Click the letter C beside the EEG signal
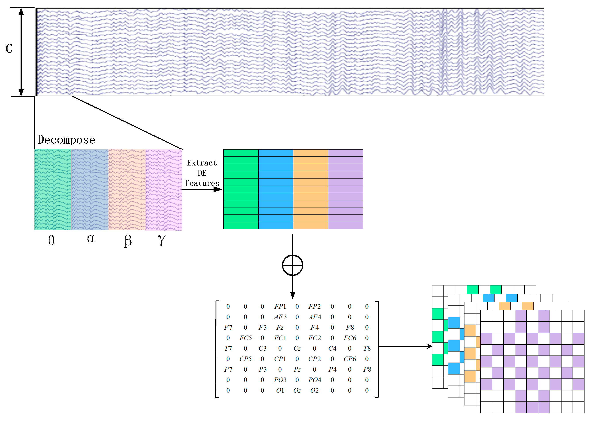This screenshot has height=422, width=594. pyautogui.click(x=9, y=49)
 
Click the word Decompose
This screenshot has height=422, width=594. pyautogui.click(x=66, y=140)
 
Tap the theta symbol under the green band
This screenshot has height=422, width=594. pyautogui.click(x=51, y=240)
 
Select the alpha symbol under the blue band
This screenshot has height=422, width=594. pyautogui.click(x=90, y=239)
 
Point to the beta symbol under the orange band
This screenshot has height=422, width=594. pyautogui.click(x=128, y=241)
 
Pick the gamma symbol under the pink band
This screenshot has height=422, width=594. pyautogui.click(x=161, y=240)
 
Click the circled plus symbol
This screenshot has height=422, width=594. pyautogui.click(x=292, y=265)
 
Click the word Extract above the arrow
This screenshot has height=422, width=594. pyautogui.click(x=202, y=163)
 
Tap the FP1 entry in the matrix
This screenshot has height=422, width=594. pyautogui.click(x=280, y=307)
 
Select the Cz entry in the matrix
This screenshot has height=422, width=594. pyautogui.click(x=297, y=348)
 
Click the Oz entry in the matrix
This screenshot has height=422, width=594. pyautogui.click(x=297, y=391)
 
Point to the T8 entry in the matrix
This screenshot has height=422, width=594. pyautogui.click(x=367, y=348)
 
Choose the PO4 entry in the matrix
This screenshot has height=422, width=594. pyautogui.click(x=315, y=380)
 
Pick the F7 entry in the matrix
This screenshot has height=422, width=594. pyautogui.click(x=228, y=327)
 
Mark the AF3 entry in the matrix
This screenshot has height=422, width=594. pyautogui.click(x=280, y=317)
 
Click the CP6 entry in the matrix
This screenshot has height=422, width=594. pyautogui.click(x=350, y=359)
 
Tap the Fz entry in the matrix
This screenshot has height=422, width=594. pyautogui.click(x=280, y=327)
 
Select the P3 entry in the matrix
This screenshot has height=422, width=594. pyautogui.click(x=263, y=369)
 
